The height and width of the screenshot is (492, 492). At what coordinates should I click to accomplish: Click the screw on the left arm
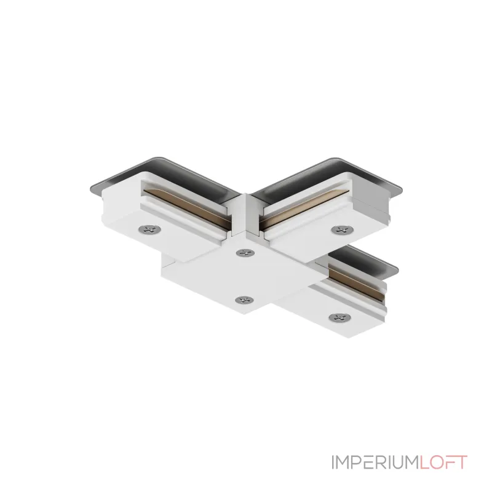pyautogui.click(x=150, y=229)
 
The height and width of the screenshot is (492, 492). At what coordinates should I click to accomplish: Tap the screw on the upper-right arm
pyautogui.click(x=343, y=229)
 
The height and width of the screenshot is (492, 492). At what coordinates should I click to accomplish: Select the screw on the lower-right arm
pyautogui.click(x=340, y=317)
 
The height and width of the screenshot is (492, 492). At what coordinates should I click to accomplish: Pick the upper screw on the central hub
pyautogui.click(x=245, y=252)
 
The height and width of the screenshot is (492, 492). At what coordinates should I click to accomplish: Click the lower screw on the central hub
pyautogui.click(x=244, y=300)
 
